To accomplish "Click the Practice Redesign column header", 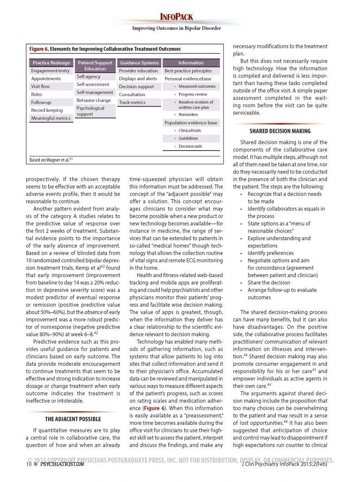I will (x=52, y=63).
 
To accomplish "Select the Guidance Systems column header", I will (x=139, y=63).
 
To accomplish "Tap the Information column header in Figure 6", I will (x=191, y=63).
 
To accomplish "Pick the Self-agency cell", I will (x=89, y=76).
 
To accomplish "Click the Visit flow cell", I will (x=40, y=87).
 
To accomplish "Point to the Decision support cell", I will (x=136, y=87).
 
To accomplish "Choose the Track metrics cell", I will (x=132, y=103).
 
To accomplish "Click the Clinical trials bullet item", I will (x=189, y=130).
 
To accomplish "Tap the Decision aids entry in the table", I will (x=190, y=146).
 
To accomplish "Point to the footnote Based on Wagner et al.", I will (x=51, y=160).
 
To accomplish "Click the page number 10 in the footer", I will (x=29, y=464).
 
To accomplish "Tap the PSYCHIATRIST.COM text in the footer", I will (x=62, y=464).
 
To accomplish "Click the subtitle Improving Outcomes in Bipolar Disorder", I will (x=176, y=28).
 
